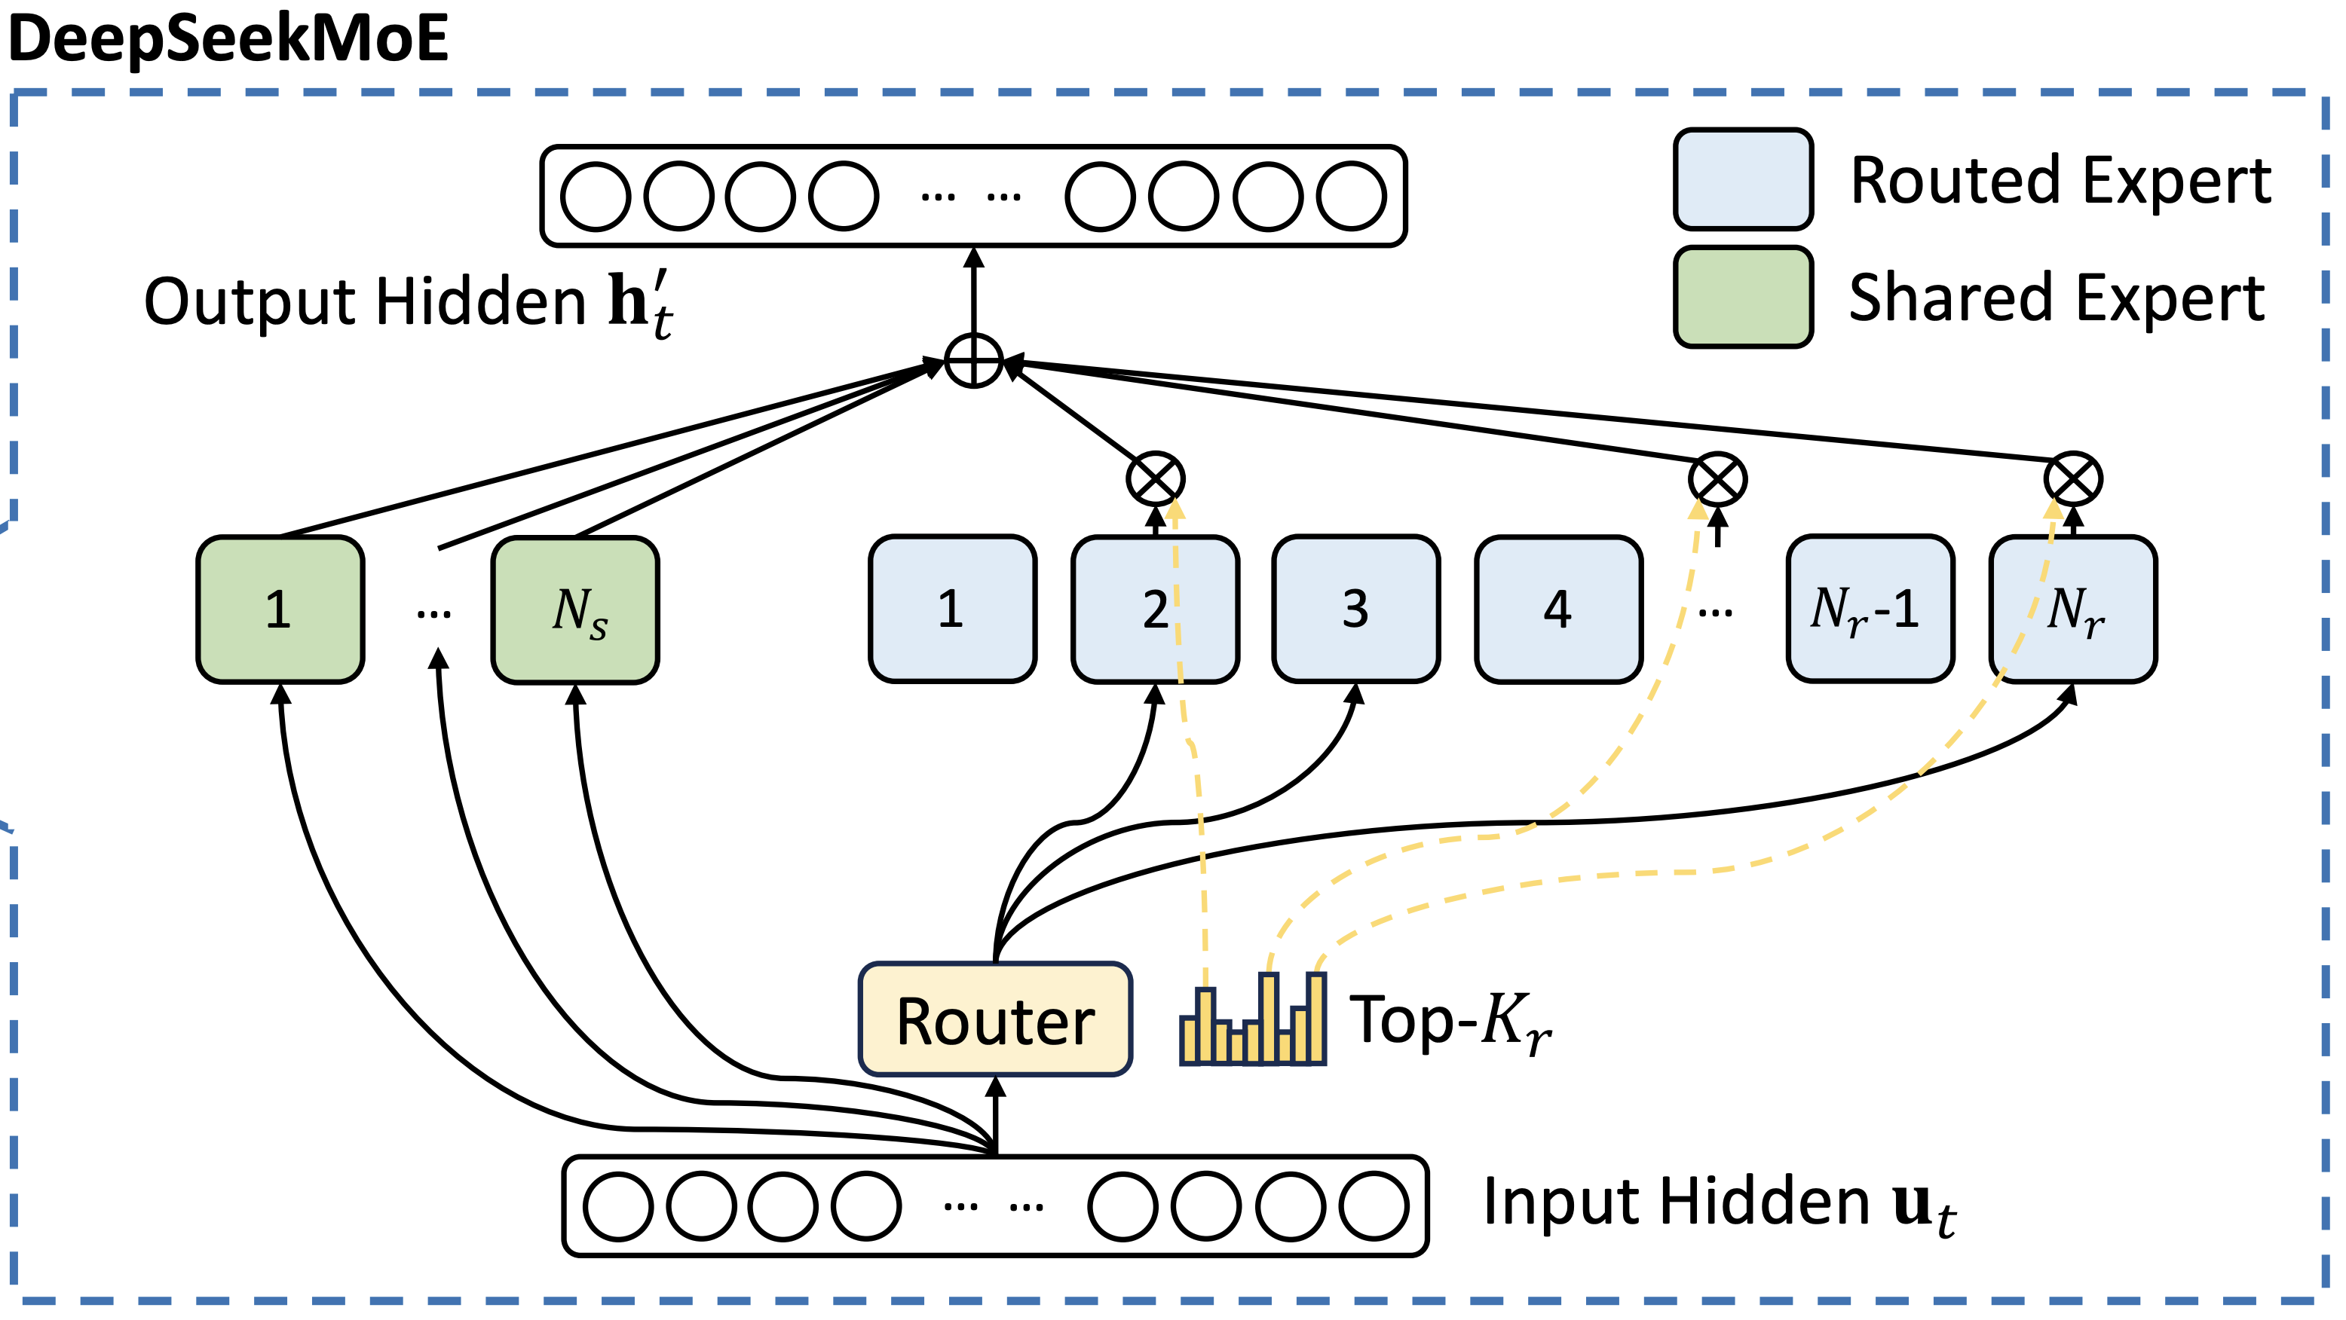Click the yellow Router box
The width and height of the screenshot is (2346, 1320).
click(995, 1019)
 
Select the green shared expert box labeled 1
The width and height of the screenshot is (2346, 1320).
click(280, 609)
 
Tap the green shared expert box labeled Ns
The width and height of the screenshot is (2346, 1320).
click(576, 609)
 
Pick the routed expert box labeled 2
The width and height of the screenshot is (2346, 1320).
click(1155, 608)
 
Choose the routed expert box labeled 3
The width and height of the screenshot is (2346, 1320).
click(1356, 608)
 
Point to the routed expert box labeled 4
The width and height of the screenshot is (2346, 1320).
click(1558, 608)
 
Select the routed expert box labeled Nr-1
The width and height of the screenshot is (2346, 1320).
click(1870, 608)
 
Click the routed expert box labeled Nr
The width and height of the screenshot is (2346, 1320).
click(2073, 608)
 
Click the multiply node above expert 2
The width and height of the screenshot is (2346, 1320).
click(1155, 479)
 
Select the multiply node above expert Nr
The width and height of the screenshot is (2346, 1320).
click(2073, 479)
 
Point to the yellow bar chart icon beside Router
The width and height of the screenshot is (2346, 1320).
click(1253, 1019)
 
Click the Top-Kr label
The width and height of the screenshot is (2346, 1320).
click(1450, 1022)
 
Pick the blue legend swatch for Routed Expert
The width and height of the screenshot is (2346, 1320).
click(1743, 179)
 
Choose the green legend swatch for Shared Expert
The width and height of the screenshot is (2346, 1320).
click(1743, 297)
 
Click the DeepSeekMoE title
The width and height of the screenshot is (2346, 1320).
click(228, 38)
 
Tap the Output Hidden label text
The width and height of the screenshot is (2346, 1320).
click(408, 302)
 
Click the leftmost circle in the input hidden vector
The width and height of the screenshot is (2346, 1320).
click(617, 1206)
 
